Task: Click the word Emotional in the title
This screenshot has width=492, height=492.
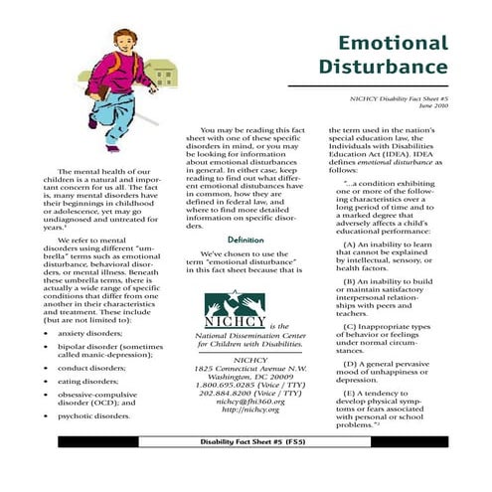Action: [x=393, y=45]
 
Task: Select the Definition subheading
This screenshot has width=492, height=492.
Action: [x=245, y=241]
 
